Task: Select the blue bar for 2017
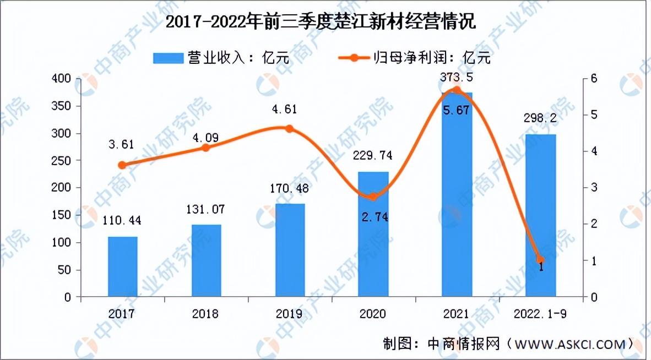[122, 267]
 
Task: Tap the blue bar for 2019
[290, 250]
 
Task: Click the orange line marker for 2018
[205, 148]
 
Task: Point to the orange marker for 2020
[373, 197]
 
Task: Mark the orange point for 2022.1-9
[540, 260]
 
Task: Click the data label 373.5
[457, 78]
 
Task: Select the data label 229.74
[373, 156]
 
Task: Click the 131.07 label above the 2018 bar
[205, 209]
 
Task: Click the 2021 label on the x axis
[457, 314]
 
